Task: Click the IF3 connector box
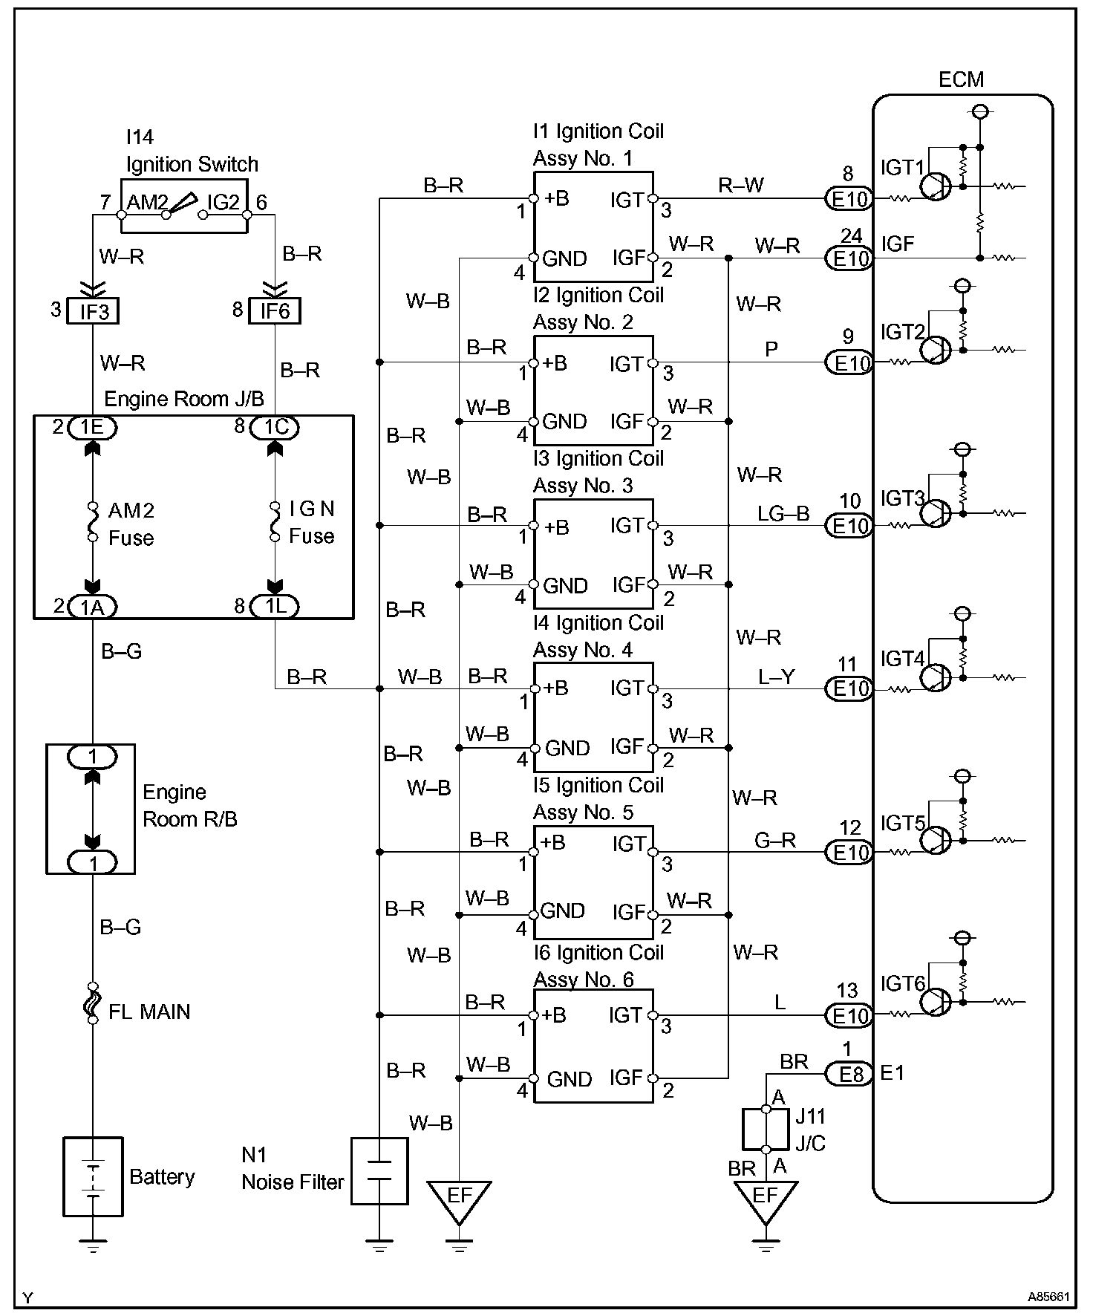[94, 310]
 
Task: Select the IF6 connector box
[275, 310]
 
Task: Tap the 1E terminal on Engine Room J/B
[92, 427]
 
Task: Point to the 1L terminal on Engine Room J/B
[275, 607]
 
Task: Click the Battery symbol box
[93, 1176]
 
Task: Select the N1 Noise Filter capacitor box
[379, 1170]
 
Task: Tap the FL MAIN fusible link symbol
[93, 1003]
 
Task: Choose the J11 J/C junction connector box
[766, 1129]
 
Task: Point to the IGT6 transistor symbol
[936, 1002]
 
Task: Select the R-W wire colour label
[740, 186]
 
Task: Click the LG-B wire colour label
[783, 513]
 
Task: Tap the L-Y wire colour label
[777, 677]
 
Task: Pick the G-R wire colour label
[774, 840]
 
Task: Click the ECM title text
[961, 79]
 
